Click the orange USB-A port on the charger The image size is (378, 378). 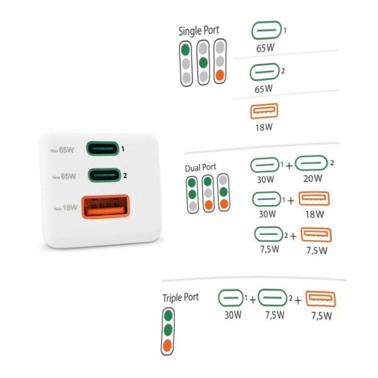coord(105,207)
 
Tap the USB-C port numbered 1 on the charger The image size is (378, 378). coord(103,148)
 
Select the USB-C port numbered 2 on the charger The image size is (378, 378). coord(104,175)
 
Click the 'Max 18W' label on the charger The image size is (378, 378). coord(66,208)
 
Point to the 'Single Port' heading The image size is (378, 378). coord(198,31)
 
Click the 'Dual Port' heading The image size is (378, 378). coord(200,168)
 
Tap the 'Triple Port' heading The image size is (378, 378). coord(180,298)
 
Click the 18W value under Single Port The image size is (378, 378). coord(264,127)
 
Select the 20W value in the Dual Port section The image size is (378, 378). coord(313,179)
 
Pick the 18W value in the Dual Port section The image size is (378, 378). coord(315,214)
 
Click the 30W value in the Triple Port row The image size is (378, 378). coord(233,315)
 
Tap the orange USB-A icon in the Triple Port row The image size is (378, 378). coord(321,299)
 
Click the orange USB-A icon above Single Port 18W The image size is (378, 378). coord(264,111)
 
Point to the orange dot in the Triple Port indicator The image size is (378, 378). coord(167,345)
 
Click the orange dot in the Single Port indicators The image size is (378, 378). coord(220,75)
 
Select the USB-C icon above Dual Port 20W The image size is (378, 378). coord(311,163)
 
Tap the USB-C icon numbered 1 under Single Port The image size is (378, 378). coord(266,30)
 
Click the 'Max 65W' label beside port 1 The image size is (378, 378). coord(62,150)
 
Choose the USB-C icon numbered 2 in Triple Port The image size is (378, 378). coord(273,298)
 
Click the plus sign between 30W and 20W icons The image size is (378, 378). coord(289,166)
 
